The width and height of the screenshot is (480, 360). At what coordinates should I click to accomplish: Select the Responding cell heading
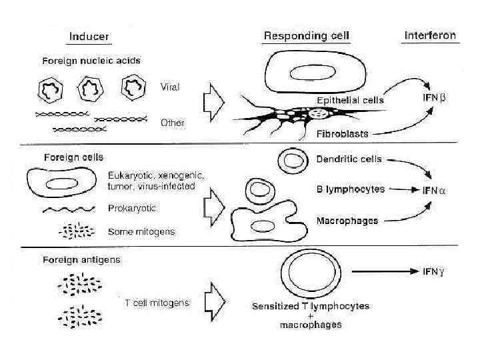click(x=307, y=35)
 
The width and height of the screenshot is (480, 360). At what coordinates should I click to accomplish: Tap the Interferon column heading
click(x=430, y=35)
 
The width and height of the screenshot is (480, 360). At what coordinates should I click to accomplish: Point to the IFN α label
click(x=434, y=190)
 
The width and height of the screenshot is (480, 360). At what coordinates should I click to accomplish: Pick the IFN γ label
click(x=434, y=271)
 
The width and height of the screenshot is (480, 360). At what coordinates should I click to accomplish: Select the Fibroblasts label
click(x=341, y=134)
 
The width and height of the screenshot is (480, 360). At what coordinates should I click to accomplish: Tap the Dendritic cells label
click(x=349, y=159)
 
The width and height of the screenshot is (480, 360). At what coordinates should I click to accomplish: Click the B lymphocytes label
click(x=350, y=189)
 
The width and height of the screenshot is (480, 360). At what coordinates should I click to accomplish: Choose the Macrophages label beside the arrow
click(x=347, y=221)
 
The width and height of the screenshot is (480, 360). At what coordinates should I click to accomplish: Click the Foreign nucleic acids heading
click(x=91, y=61)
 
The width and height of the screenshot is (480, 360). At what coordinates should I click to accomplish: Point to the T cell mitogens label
click(x=157, y=303)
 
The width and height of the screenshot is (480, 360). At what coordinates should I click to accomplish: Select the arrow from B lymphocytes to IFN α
click(x=403, y=190)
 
